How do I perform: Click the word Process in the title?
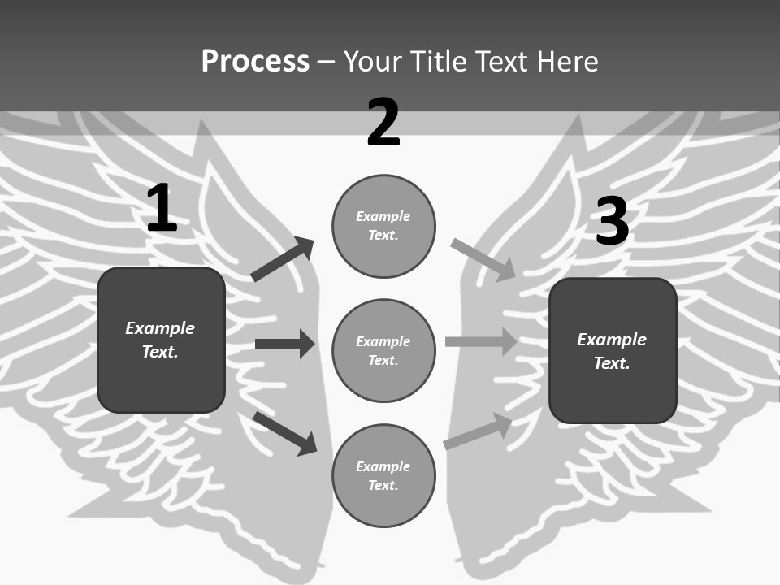[255, 62]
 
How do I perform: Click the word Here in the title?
[565, 62]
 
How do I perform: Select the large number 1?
[162, 208]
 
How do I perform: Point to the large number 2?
[383, 123]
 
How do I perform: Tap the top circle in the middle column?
[383, 226]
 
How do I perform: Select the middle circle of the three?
[383, 351]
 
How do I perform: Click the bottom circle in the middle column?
[383, 476]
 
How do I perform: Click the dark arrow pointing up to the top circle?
[283, 259]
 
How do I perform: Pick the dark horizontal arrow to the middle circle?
[284, 344]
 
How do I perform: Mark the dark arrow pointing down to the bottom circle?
[284, 432]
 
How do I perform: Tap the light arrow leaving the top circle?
[483, 259]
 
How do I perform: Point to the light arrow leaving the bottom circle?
[478, 431]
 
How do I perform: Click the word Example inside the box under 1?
[160, 328]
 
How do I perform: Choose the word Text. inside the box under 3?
[612, 363]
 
